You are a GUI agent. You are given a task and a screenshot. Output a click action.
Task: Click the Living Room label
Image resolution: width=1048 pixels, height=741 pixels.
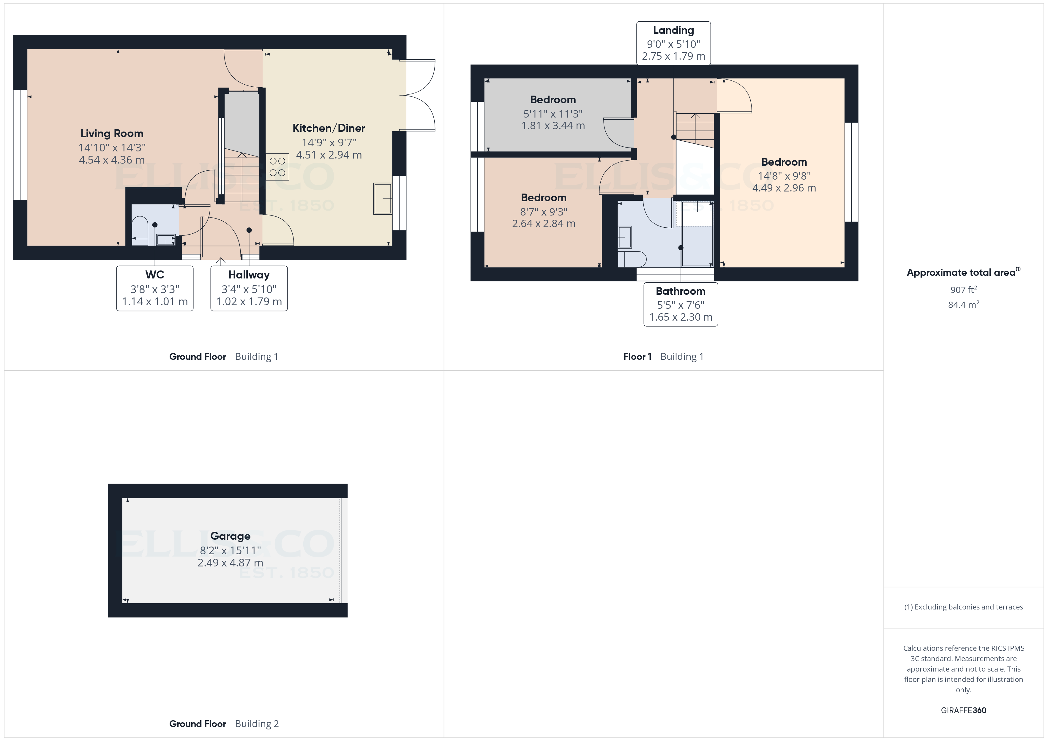tap(112, 134)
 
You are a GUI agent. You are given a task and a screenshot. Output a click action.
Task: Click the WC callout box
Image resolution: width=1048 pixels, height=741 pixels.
tap(155, 288)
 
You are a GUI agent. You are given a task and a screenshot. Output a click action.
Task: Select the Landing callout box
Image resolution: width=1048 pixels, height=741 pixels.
tap(673, 43)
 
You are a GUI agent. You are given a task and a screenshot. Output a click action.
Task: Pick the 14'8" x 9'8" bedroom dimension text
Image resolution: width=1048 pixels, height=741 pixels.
tap(784, 176)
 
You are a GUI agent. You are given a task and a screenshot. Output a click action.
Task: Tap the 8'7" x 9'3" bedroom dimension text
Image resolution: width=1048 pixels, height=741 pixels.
tap(543, 212)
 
